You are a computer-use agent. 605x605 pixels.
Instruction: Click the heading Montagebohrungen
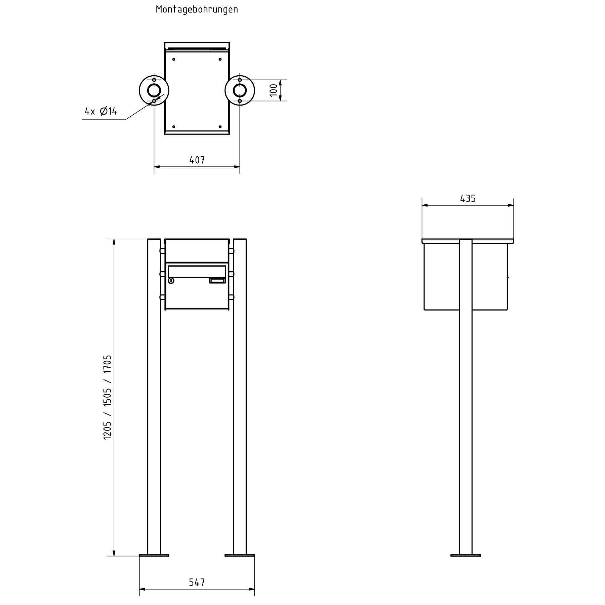(197, 9)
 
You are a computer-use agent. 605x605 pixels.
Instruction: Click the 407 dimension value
(197, 160)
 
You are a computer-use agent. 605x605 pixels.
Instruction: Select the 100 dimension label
(274, 90)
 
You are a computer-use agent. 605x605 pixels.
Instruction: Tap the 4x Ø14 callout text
(101, 111)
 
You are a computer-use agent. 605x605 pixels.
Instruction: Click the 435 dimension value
(468, 199)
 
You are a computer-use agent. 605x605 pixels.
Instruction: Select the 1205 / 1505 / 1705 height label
(107, 397)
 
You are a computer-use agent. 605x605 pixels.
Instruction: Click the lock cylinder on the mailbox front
(171, 281)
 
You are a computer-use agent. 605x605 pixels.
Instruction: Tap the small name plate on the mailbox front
(217, 281)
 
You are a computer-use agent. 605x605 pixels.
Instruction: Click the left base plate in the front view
(154, 556)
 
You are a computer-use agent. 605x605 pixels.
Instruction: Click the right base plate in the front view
(240, 556)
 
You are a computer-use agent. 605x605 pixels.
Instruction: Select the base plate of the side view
(466, 556)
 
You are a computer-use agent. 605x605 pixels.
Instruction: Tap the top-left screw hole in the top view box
(174, 59)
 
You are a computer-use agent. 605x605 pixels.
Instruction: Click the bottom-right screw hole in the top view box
(220, 127)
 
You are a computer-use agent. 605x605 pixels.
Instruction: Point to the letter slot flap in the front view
(197, 272)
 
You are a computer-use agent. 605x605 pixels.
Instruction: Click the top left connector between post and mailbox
(162, 251)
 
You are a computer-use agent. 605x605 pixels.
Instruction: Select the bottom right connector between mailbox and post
(231, 297)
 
